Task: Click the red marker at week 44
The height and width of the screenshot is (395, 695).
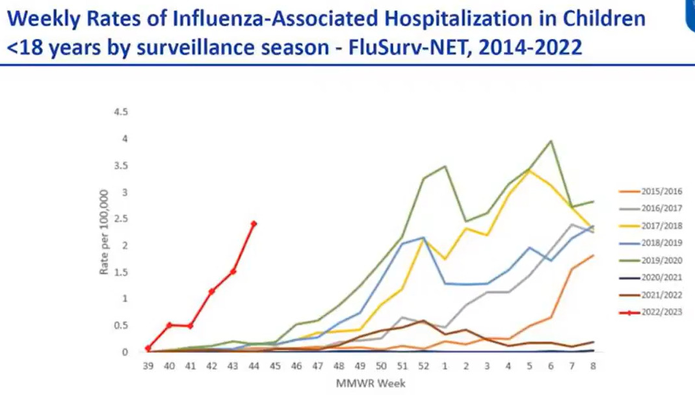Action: click(254, 223)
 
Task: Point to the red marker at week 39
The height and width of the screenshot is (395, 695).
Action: click(148, 349)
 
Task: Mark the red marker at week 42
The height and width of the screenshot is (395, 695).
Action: click(211, 291)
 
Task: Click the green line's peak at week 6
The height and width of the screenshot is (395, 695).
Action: click(551, 141)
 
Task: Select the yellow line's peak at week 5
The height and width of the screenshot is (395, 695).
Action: click(530, 170)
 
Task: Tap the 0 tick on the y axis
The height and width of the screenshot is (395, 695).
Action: click(125, 352)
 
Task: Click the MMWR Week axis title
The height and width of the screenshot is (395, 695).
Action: click(370, 383)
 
